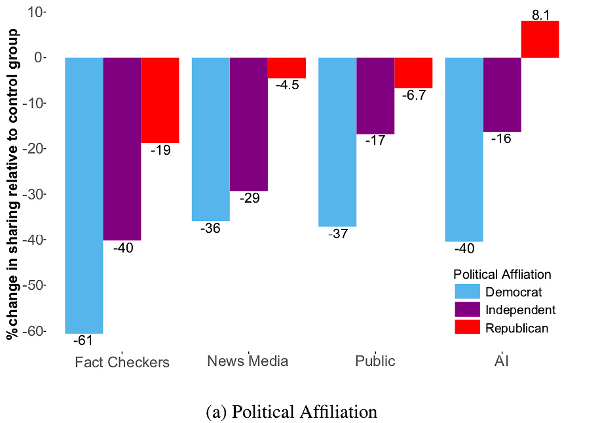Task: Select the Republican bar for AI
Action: click(540, 39)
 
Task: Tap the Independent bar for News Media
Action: click(249, 124)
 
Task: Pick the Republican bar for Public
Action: click(413, 72)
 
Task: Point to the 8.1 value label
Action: click(540, 14)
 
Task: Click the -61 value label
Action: click(83, 340)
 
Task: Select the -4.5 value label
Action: click(287, 85)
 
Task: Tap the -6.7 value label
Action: click(414, 94)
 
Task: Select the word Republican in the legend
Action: click(517, 328)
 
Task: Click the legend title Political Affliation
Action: click(502, 274)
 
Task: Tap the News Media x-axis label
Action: click(248, 361)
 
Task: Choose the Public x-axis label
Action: click(375, 361)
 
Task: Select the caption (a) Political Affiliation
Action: click(291, 412)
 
